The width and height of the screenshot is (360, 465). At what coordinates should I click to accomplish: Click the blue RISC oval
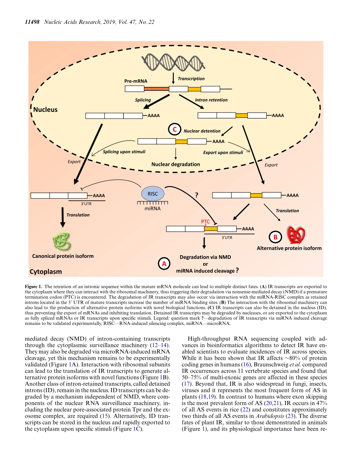(x=153, y=193)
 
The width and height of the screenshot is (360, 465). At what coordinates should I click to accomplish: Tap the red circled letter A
(x=164, y=263)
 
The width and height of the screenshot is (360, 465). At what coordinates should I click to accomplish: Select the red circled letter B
(x=275, y=237)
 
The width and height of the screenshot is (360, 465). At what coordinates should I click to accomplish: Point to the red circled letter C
(x=175, y=130)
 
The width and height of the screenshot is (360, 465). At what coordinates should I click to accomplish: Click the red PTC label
(x=205, y=221)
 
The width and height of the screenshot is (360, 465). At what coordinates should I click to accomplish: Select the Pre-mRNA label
(x=136, y=81)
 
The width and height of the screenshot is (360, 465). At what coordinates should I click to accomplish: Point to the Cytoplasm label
(x=45, y=272)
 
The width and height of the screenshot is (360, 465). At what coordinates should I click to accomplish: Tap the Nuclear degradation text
(x=175, y=164)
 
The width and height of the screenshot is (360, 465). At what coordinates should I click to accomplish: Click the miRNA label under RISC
(x=153, y=208)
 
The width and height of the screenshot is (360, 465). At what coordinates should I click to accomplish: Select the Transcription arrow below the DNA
(x=173, y=79)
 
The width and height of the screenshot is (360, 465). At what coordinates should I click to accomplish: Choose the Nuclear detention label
(x=202, y=131)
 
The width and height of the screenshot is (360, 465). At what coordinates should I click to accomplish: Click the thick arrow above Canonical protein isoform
(x=62, y=218)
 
